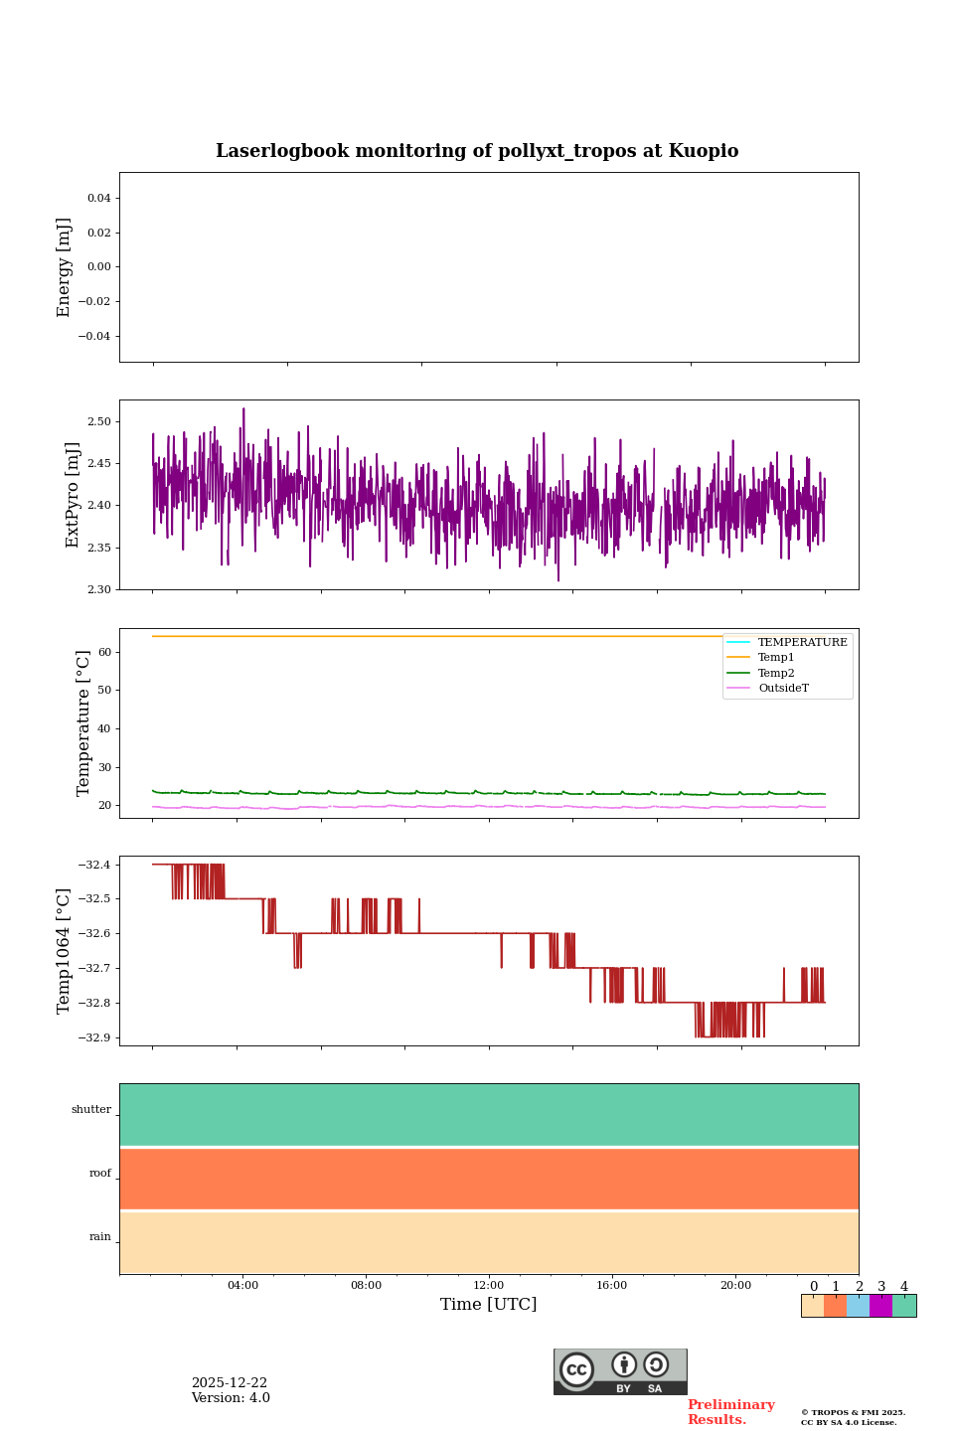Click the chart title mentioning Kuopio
point(477,151)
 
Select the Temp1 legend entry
point(776,658)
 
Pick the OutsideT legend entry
point(783,689)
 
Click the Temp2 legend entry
point(776,674)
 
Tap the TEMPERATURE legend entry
point(802,643)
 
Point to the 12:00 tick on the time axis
point(489,1285)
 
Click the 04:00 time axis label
point(242,1285)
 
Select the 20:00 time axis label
point(735,1285)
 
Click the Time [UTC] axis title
point(489,1305)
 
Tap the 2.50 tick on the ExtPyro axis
point(98,421)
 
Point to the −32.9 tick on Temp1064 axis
point(93,1037)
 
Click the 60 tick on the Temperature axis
point(104,652)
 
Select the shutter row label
point(91,1110)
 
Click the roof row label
point(100,1174)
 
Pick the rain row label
point(100,1237)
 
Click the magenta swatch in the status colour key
point(880,1306)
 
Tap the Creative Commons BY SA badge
point(620,1371)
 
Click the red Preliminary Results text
point(730,1412)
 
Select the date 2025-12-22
point(230,1383)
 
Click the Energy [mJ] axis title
point(65,267)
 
